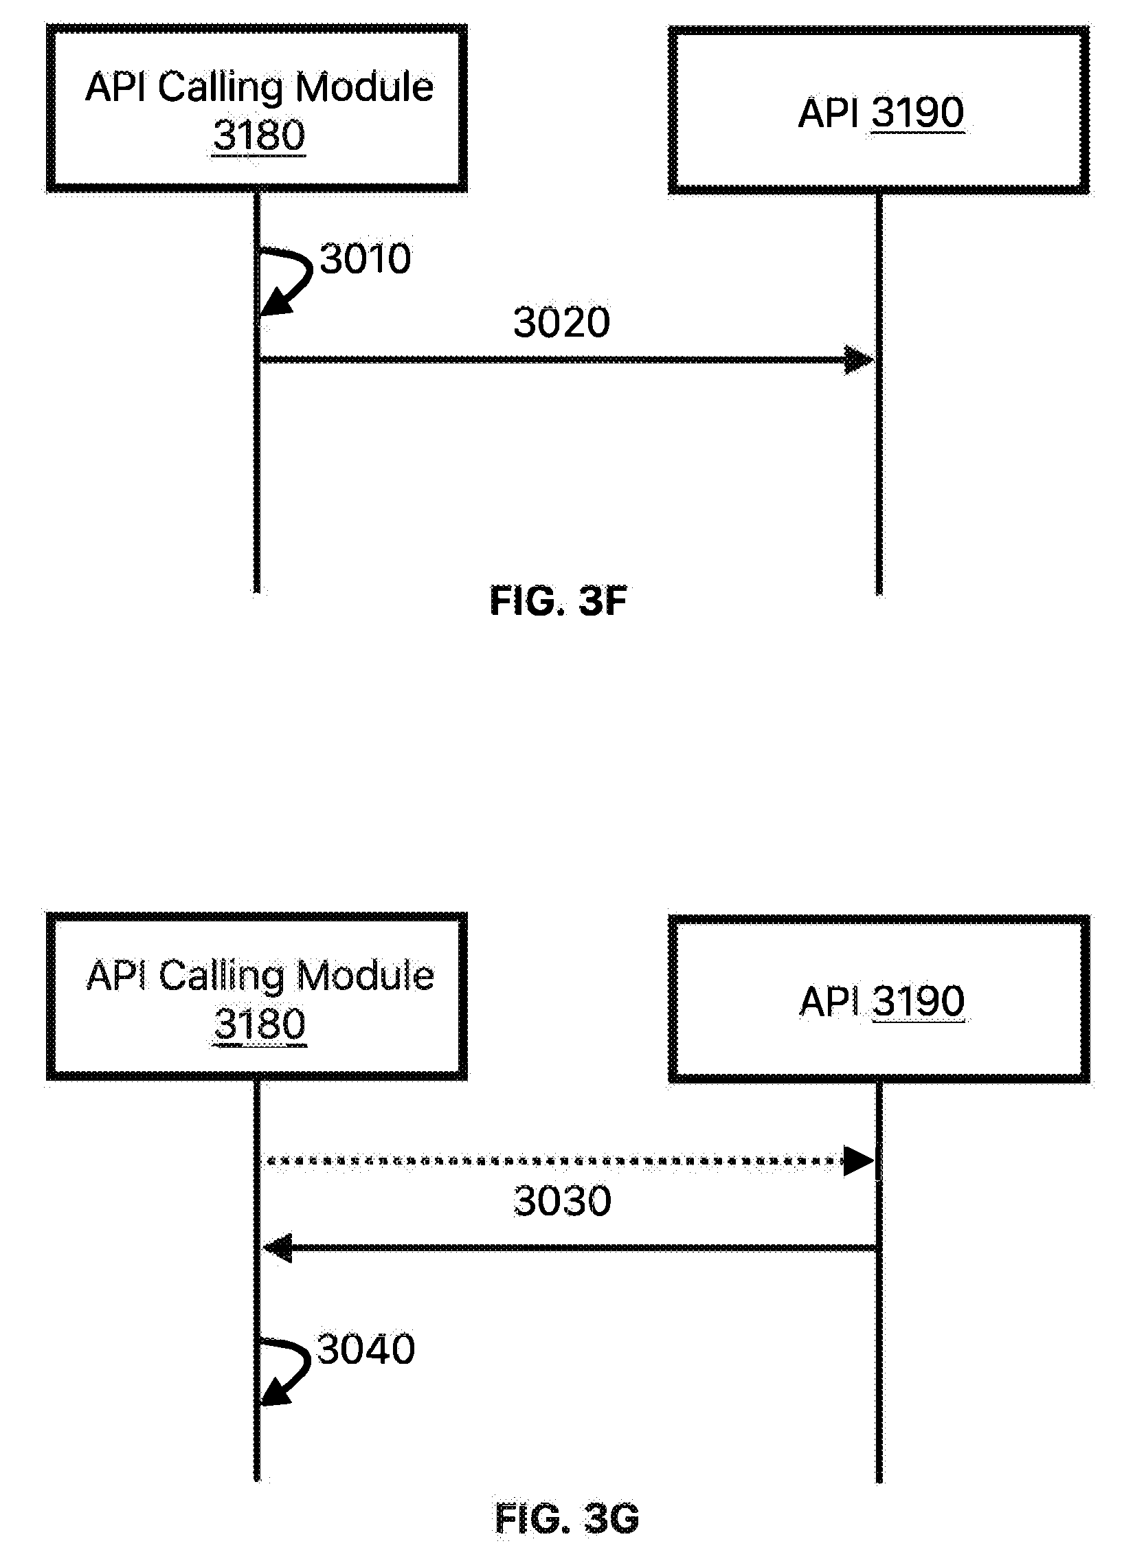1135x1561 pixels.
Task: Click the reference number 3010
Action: (x=366, y=258)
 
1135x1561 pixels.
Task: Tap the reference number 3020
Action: (x=561, y=322)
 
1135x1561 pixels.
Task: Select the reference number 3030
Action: (x=562, y=1200)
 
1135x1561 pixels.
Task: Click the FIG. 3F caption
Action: (x=558, y=600)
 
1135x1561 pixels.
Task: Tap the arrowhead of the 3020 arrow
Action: (x=859, y=359)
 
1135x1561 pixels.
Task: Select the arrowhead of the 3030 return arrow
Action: (x=278, y=1247)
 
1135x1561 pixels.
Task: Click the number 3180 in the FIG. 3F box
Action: (x=259, y=135)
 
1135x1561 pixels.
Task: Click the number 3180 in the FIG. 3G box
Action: (x=260, y=1024)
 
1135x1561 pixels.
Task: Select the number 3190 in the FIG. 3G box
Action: (x=918, y=1001)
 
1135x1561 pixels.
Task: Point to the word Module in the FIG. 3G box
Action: (x=366, y=976)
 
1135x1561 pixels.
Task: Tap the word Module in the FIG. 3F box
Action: (x=366, y=87)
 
